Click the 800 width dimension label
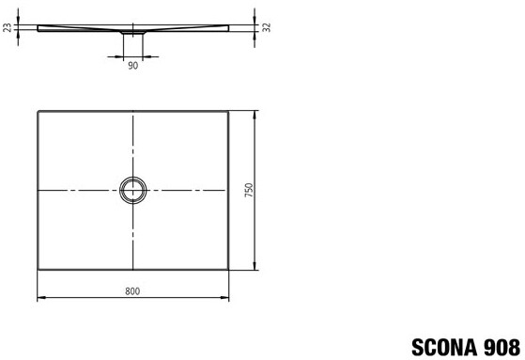132,291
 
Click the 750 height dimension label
249,190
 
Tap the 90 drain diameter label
133,66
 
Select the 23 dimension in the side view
7,27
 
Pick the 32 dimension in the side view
267,27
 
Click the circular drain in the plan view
133,178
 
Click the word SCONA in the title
445,347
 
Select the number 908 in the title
502,347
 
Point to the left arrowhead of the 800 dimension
41,297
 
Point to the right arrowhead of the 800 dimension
224,297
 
